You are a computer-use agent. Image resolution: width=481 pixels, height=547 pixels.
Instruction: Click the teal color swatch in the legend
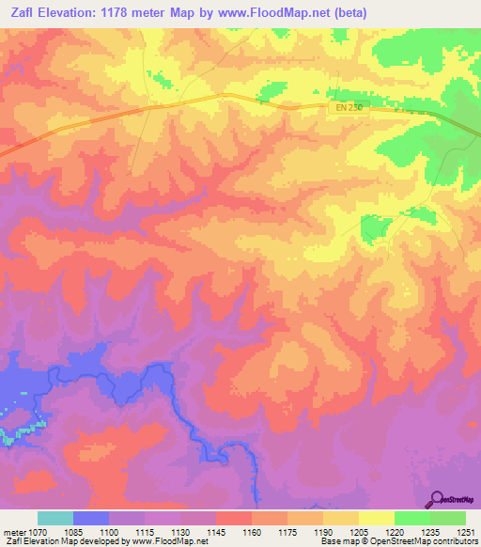(54, 518)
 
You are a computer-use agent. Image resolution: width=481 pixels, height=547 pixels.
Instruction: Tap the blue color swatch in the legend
(90, 518)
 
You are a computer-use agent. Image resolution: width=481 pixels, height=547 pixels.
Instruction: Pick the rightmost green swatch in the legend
(448, 518)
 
